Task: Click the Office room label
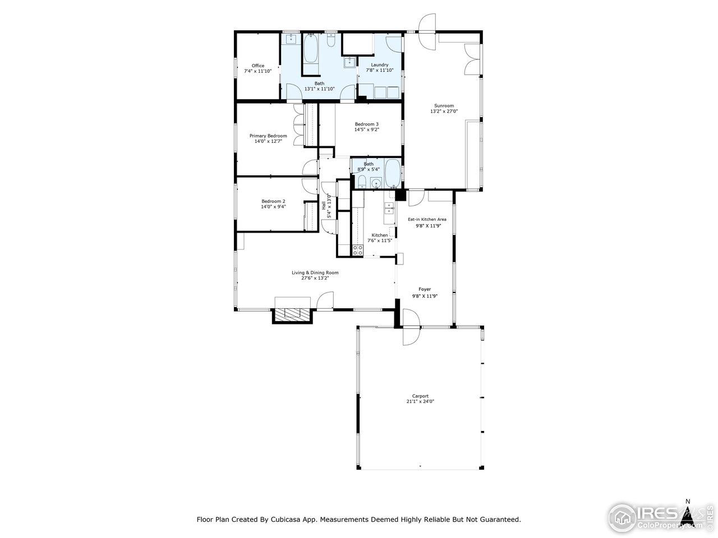tap(257, 66)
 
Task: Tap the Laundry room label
tap(379, 64)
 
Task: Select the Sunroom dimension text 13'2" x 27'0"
tap(444, 112)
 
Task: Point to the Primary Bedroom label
tap(268, 136)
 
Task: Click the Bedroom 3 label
tap(366, 124)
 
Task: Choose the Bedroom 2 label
tap(273, 201)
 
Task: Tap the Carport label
tap(420, 396)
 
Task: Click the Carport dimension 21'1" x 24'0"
tap(420, 401)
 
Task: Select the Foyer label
tap(425, 289)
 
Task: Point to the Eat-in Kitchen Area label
tap(427, 219)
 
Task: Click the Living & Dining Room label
tap(315, 272)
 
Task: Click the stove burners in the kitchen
tap(357, 250)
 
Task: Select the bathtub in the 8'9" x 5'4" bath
tap(393, 173)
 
